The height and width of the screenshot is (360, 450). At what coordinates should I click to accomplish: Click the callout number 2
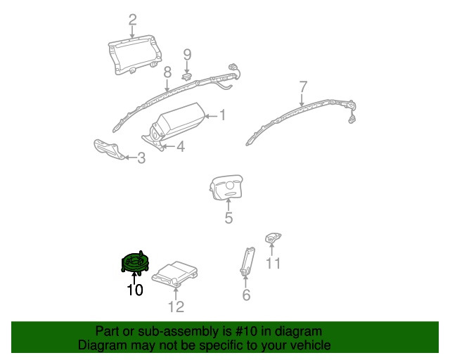pyautogui.click(x=132, y=20)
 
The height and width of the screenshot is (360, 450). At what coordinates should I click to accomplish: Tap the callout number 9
pyautogui.click(x=188, y=54)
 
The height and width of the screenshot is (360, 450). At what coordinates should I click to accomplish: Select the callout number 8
pyautogui.click(x=167, y=72)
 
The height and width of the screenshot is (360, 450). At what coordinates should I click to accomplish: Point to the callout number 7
pyautogui.click(x=303, y=87)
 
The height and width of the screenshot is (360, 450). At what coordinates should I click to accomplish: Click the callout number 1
pyautogui.click(x=222, y=115)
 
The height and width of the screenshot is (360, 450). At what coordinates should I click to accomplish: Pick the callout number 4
pyautogui.click(x=181, y=147)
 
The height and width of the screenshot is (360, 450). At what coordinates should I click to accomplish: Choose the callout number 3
pyautogui.click(x=141, y=159)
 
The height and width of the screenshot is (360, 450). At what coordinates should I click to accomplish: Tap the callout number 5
pyautogui.click(x=229, y=218)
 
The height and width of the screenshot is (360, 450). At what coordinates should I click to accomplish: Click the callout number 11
pyautogui.click(x=273, y=264)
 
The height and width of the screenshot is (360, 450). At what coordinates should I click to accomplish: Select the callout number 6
pyautogui.click(x=246, y=295)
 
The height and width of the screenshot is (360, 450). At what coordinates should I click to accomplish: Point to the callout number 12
pyautogui.click(x=176, y=307)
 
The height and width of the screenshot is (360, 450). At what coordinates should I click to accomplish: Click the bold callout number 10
pyautogui.click(x=134, y=289)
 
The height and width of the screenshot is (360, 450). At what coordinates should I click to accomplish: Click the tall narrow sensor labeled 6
pyautogui.click(x=247, y=260)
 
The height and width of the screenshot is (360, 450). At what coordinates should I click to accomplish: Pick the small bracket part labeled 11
pyautogui.click(x=273, y=238)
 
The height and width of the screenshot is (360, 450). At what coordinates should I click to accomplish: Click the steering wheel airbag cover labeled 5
pyautogui.click(x=228, y=189)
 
